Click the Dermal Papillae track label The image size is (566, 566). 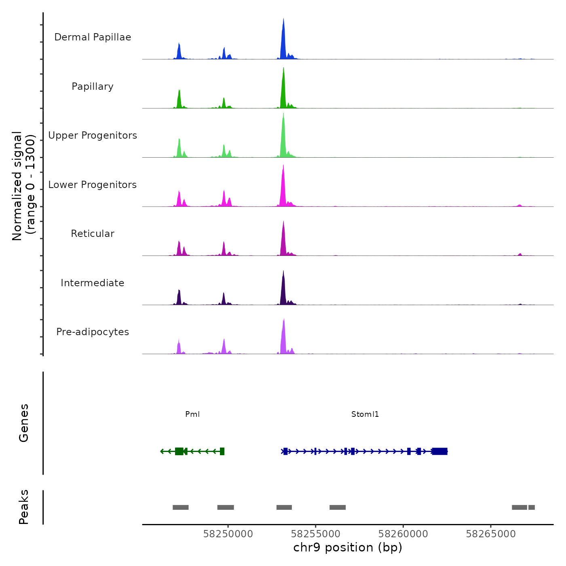point(93,37)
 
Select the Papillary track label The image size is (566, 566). point(93,87)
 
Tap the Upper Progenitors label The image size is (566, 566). point(93,135)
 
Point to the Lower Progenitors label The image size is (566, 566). point(93,185)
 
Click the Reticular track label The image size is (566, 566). point(93,234)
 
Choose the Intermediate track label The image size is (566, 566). point(93,283)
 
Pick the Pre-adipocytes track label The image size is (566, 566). point(93,332)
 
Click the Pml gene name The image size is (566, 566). point(192,414)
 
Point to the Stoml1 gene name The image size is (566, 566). point(365,414)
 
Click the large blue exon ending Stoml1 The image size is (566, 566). point(440,451)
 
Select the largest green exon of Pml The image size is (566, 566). point(179,451)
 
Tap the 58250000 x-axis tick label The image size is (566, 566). point(228,534)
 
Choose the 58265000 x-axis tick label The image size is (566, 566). point(491,534)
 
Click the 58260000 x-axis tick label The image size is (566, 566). point(403,534)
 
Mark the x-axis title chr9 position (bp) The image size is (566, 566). point(348,548)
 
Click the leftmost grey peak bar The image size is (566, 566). point(181,507)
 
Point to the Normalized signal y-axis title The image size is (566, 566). point(23,186)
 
